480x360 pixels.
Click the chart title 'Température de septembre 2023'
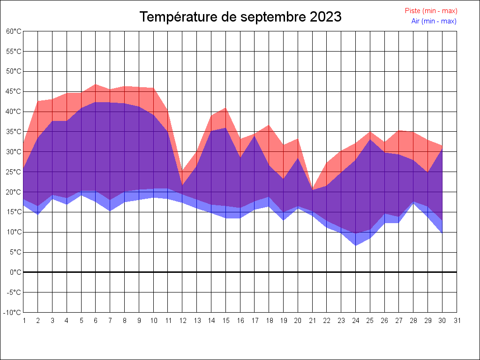[240, 17]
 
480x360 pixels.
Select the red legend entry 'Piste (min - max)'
[431, 11]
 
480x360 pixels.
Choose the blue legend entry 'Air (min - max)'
[434, 21]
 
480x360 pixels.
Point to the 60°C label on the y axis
[14, 31]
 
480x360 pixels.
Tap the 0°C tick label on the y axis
[15, 272]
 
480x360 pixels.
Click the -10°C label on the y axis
[13, 313]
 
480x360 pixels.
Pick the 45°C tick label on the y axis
[14, 91]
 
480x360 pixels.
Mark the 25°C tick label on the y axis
[14, 172]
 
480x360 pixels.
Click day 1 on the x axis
[24, 321]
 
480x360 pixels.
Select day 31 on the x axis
[457, 321]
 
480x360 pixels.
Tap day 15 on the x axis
[226, 321]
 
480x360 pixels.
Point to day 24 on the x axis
[356, 321]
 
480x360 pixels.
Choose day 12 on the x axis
[183, 321]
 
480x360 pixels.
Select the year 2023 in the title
[325, 17]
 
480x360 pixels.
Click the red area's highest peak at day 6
[96, 84]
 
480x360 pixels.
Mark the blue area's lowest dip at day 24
[356, 245]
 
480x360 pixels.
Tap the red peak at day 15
[226, 108]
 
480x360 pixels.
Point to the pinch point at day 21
[313, 190]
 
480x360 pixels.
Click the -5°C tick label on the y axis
[14, 292]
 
